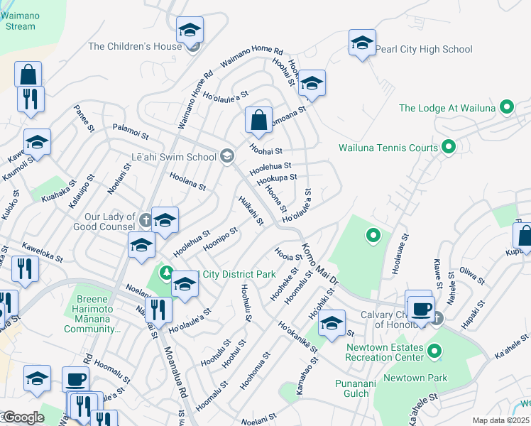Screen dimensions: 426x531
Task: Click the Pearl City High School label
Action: [x=423, y=50]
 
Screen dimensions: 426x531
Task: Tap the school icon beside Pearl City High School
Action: [x=362, y=43]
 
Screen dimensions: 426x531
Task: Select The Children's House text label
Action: [x=135, y=47]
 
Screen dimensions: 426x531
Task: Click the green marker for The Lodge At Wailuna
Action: [x=506, y=108]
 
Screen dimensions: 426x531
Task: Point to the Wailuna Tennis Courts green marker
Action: [x=448, y=148]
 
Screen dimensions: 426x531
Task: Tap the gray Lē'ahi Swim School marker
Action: [x=227, y=156]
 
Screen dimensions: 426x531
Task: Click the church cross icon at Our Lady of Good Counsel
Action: [x=145, y=221]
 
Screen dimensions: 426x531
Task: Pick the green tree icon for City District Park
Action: [x=166, y=273]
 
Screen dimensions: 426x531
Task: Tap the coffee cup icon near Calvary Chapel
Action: [x=422, y=308]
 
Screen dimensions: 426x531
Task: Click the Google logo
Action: [x=23, y=417]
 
